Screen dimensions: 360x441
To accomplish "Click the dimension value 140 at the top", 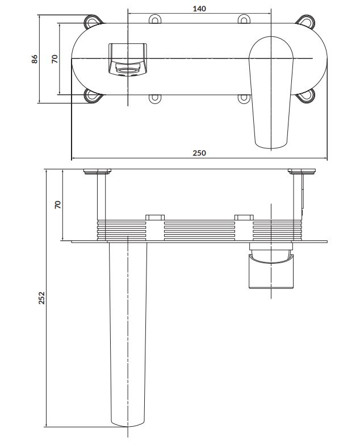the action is [199, 9].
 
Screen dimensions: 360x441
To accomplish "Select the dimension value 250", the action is [199, 153].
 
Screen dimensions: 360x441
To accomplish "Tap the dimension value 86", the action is [34, 59].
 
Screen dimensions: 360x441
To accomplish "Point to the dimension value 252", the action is [41, 298].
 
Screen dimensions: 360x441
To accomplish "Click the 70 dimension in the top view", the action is [55, 59].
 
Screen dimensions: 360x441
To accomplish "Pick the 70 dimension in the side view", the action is [57, 205].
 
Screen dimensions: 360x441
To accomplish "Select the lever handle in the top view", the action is [271, 92].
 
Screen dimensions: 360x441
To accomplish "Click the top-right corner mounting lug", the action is [305, 22].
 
